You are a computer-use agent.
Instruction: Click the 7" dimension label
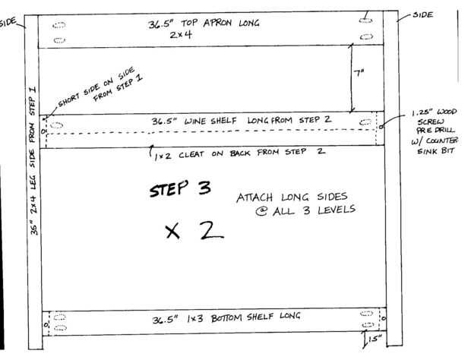click(x=359, y=73)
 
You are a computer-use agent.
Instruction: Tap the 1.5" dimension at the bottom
click(x=375, y=339)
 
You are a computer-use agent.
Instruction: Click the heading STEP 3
click(x=180, y=188)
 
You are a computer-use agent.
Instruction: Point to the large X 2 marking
click(x=194, y=231)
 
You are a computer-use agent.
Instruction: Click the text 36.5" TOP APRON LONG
click(x=204, y=23)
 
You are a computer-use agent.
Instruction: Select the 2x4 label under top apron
click(x=181, y=34)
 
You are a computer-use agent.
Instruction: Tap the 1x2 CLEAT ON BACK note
click(x=239, y=153)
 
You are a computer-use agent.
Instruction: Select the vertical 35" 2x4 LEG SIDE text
click(x=33, y=161)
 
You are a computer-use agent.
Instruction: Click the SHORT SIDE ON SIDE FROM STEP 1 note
click(x=100, y=87)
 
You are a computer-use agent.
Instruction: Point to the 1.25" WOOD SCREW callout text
click(x=435, y=131)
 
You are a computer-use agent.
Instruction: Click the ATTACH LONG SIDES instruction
click(x=296, y=204)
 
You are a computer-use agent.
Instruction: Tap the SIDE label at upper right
click(x=423, y=14)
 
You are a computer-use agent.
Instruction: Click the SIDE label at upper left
click(x=8, y=22)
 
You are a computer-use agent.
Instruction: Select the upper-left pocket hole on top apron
click(x=59, y=25)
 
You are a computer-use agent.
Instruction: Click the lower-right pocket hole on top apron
click(x=366, y=36)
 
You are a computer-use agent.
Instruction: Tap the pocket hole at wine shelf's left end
click(x=56, y=125)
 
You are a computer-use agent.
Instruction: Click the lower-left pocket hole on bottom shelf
click(x=60, y=327)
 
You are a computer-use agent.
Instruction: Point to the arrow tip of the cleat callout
click(x=152, y=146)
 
